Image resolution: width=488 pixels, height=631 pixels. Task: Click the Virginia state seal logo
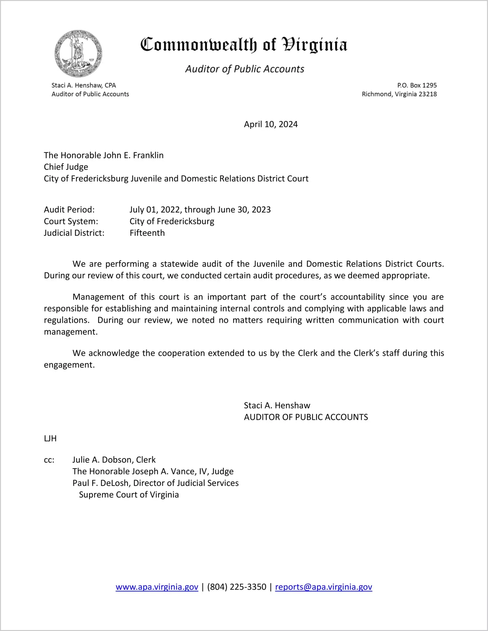(x=78, y=54)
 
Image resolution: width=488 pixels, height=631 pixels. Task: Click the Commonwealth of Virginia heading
(x=244, y=45)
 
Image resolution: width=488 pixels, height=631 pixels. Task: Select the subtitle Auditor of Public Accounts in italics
(x=245, y=69)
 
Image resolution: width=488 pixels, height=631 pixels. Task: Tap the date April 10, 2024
(x=270, y=124)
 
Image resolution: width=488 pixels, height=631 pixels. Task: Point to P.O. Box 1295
(x=417, y=85)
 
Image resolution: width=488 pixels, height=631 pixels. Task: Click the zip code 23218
(x=428, y=94)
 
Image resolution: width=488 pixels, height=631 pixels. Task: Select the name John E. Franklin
(x=133, y=155)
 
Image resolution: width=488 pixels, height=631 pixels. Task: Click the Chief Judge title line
(x=66, y=167)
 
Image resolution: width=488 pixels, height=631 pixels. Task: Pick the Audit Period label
(x=69, y=209)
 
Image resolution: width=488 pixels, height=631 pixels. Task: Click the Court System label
(x=71, y=221)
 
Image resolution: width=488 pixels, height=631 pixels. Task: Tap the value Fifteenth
(x=147, y=233)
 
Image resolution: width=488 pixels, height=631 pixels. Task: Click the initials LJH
(x=50, y=439)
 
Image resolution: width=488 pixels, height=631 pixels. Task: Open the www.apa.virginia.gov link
(x=157, y=587)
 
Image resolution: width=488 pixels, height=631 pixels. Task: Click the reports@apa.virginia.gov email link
(x=323, y=587)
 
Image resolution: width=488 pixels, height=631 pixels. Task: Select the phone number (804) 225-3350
(x=236, y=587)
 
